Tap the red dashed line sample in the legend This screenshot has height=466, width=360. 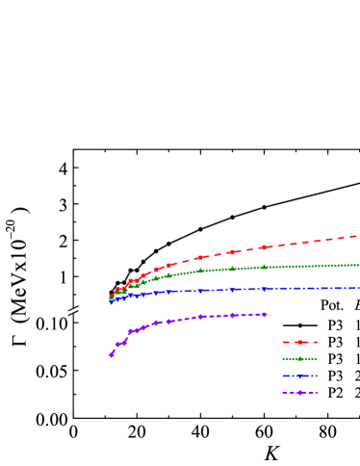click(x=300, y=341)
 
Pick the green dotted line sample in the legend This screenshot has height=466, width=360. click(x=300, y=358)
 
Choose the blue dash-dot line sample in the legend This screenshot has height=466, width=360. click(x=300, y=375)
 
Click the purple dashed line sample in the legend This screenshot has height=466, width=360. click(x=300, y=393)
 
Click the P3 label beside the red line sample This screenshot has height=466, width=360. click(x=335, y=341)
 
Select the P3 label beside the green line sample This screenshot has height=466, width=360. click(x=335, y=358)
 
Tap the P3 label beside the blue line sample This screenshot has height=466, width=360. click(x=335, y=375)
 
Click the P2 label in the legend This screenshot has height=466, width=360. click(x=335, y=393)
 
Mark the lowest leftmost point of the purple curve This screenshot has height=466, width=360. click(x=111, y=355)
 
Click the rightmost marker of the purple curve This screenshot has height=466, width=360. click(x=265, y=314)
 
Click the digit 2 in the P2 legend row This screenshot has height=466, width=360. click(x=357, y=393)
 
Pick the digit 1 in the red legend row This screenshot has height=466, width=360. click(x=357, y=341)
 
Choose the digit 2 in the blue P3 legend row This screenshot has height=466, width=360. click(x=357, y=375)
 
